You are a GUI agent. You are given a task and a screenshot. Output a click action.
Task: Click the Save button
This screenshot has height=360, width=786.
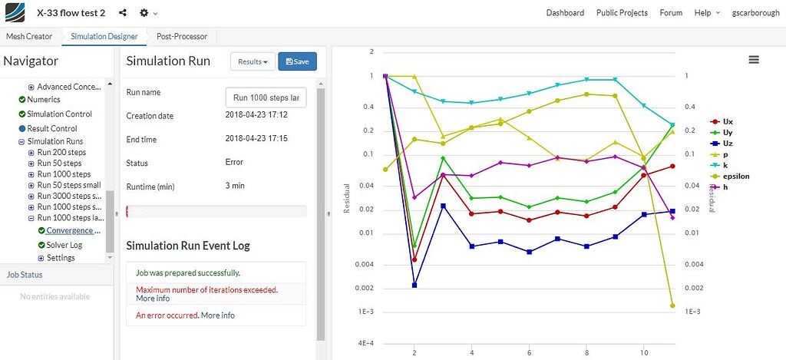[297, 61]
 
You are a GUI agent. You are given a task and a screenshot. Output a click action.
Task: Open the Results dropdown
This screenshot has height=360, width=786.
[253, 61]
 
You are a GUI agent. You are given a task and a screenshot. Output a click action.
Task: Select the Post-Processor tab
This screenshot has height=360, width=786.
[181, 36]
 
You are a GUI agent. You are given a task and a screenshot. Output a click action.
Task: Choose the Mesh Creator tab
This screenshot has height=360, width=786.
[29, 36]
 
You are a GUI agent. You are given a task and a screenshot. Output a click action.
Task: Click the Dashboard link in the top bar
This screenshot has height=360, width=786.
[565, 13]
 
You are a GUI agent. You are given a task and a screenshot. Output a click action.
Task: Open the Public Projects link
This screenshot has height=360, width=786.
[622, 13]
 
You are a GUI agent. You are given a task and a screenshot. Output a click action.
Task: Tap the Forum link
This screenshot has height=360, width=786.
[671, 13]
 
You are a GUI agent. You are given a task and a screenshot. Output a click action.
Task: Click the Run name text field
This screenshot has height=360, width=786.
[266, 97]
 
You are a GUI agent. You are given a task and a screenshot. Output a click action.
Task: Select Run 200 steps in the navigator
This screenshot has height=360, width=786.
[61, 152]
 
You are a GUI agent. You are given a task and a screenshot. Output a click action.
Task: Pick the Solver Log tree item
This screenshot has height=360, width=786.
[64, 245]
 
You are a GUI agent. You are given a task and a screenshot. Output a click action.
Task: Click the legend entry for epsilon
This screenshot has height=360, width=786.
[735, 176]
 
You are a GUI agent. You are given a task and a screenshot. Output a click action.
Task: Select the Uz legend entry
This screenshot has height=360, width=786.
[727, 144]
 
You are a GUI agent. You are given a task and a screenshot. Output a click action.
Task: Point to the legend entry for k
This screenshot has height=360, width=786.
[725, 165]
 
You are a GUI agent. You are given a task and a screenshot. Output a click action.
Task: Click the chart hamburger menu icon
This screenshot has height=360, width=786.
[754, 60]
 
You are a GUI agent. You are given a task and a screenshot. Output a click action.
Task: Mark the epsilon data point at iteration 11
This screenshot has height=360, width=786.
[672, 306]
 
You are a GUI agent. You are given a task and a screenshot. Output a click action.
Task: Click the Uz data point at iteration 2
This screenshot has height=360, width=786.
[414, 285]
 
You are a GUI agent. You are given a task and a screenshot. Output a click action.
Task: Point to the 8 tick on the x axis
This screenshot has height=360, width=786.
[586, 352]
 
